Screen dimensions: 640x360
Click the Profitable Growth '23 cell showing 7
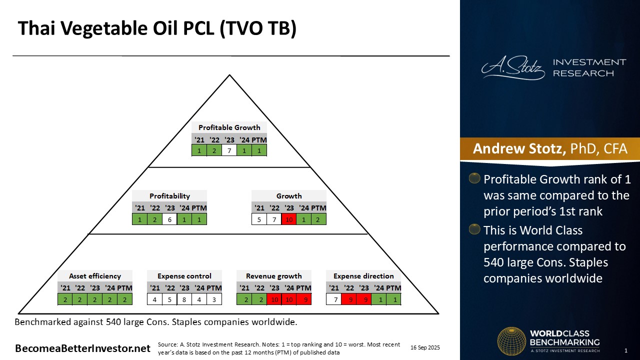point(229,150)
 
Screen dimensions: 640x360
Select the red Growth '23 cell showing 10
point(289,219)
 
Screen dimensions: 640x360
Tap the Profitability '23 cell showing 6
point(169,219)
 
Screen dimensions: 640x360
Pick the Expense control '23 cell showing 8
point(184,299)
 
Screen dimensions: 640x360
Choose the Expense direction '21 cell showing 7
point(333,299)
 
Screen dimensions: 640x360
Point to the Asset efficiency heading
point(95,276)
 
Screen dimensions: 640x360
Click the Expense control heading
point(184,276)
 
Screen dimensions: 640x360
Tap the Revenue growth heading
point(273,276)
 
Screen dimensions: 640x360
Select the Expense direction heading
point(363,276)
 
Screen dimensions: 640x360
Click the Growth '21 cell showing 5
point(259,219)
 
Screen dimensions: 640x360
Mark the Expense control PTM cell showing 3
point(214,299)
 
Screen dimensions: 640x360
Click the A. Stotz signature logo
point(513,67)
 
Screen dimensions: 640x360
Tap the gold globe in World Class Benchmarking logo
point(511,341)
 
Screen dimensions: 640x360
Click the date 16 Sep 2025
point(425,347)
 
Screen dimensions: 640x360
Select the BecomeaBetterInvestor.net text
point(82,348)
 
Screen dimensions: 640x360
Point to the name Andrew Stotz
point(519,148)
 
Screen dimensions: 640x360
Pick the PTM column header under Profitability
point(199,208)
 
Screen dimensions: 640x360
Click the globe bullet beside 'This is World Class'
point(474,229)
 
